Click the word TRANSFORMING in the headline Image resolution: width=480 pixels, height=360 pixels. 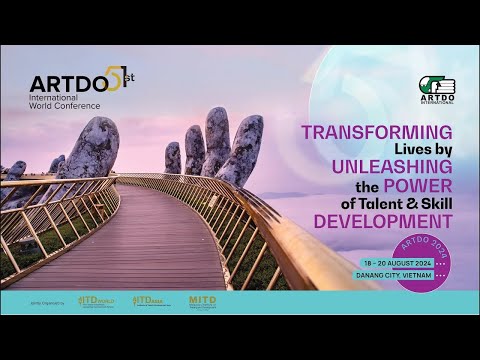376,132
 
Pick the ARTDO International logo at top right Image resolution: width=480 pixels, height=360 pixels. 437,90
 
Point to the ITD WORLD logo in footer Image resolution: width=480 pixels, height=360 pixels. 96,300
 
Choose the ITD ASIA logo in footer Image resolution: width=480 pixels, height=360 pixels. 149,300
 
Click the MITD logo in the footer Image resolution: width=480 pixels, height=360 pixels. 202,300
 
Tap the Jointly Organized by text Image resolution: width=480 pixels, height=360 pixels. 48,301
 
